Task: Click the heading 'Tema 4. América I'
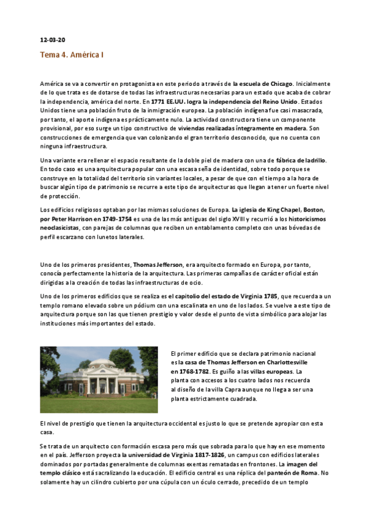click(72, 55)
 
